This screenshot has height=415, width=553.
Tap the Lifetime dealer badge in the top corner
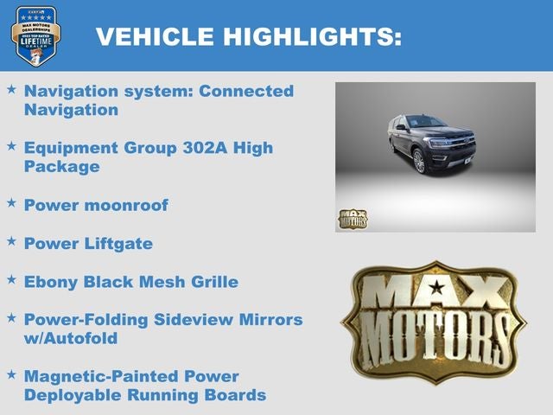pos(35,35)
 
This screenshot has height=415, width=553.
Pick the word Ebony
pos(51,282)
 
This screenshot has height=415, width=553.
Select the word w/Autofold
pos(71,338)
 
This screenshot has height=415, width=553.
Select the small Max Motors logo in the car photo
pos(352,219)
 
